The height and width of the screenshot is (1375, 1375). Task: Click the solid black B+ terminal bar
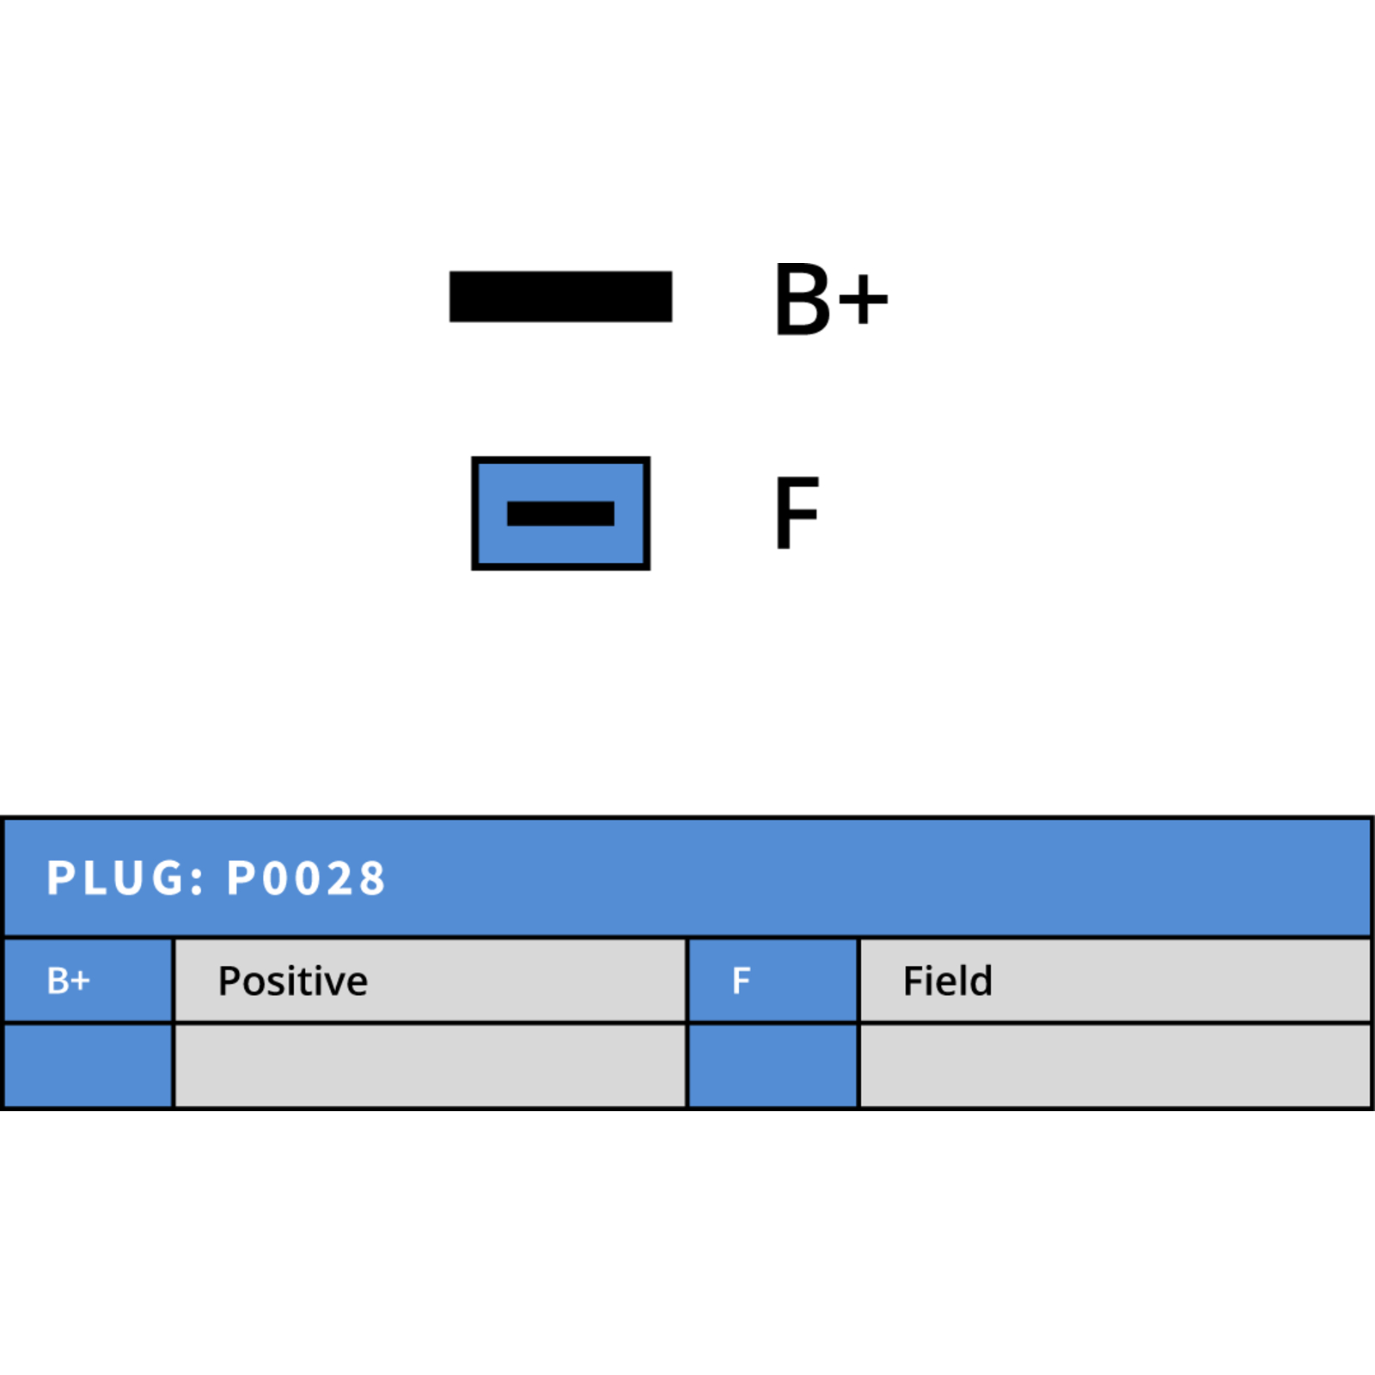(560, 296)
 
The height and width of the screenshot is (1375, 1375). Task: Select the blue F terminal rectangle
(560, 513)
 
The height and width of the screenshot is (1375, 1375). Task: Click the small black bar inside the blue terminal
(560, 513)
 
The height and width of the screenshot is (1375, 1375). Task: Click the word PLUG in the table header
(115, 878)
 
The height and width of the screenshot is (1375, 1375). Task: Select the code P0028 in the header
(306, 878)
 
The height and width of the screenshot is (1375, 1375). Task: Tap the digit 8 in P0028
(371, 878)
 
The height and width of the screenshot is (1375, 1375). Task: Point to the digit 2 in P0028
(339, 878)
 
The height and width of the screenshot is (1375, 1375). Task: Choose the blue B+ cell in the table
(89, 981)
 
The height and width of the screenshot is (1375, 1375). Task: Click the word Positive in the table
(293, 981)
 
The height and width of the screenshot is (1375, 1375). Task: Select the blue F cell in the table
(773, 981)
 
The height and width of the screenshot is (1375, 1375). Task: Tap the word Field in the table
(948, 981)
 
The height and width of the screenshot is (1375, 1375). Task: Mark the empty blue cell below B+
(89, 1066)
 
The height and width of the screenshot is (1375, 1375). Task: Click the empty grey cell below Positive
(431, 1066)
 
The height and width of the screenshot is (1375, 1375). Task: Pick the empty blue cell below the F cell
(773, 1066)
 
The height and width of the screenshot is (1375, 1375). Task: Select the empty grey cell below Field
(1115, 1066)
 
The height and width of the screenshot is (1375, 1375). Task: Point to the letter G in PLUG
(167, 878)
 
